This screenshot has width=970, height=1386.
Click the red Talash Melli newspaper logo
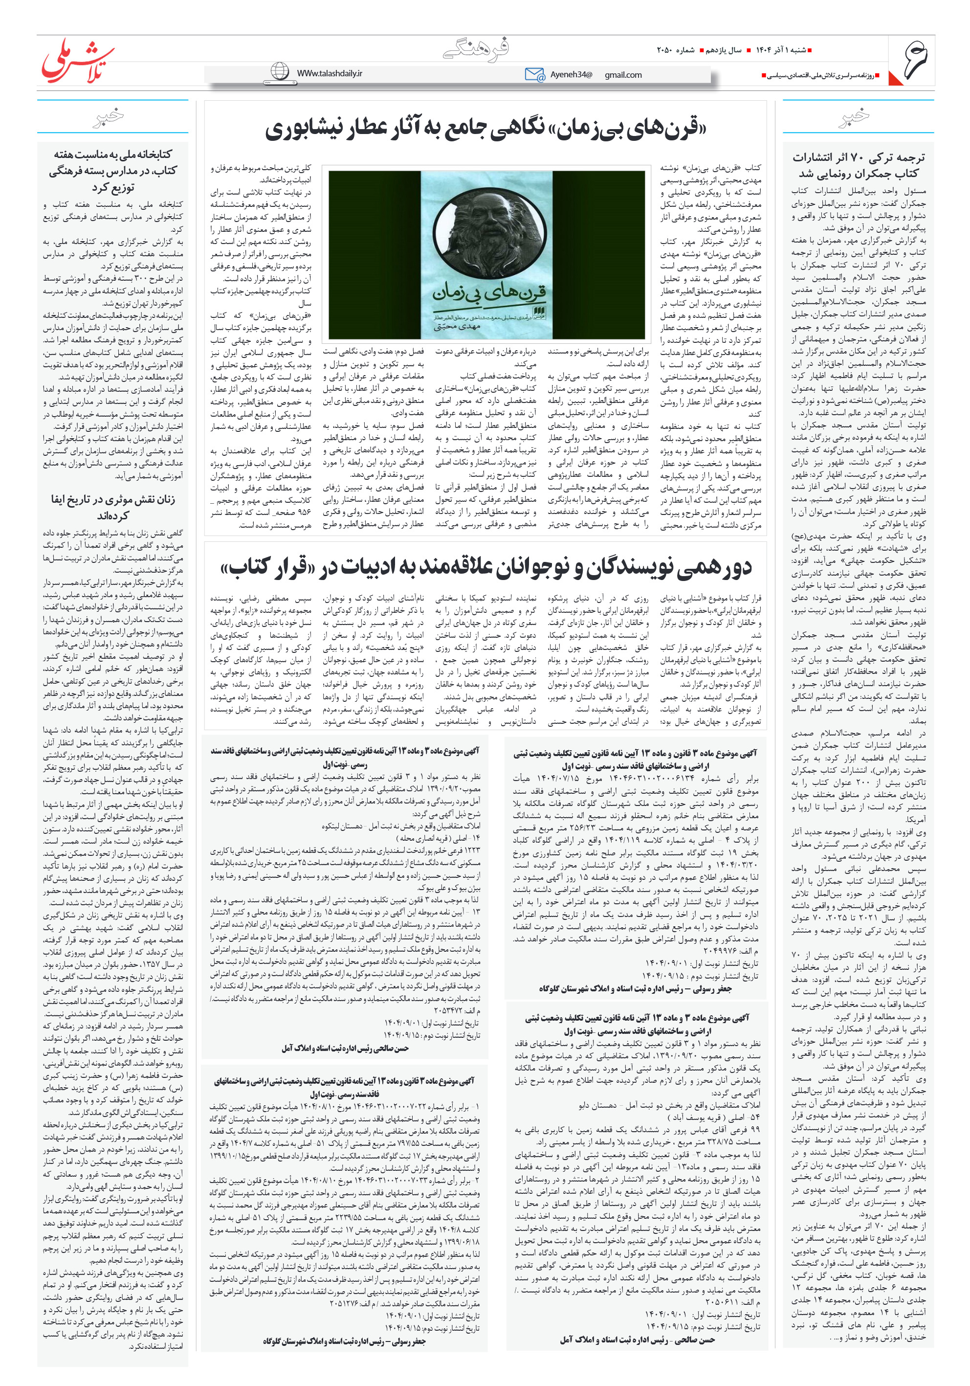click(77, 60)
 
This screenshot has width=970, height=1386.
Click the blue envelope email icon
click(534, 74)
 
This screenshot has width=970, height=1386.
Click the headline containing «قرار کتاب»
click(485, 567)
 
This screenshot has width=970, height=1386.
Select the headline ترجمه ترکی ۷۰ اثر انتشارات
click(858, 165)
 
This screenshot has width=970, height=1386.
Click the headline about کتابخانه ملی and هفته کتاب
click(113, 170)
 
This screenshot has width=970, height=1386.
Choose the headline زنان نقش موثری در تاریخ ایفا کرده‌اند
click(113, 507)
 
